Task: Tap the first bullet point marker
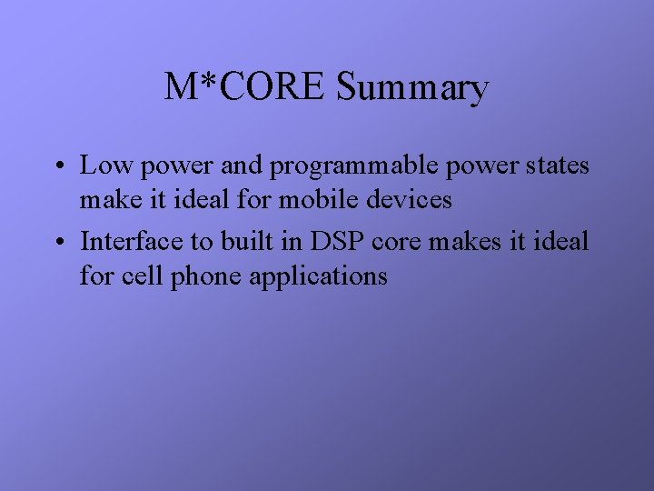click(x=57, y=167)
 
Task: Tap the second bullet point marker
click(x=57, y=243)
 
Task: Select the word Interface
click(x=124, y=242)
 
